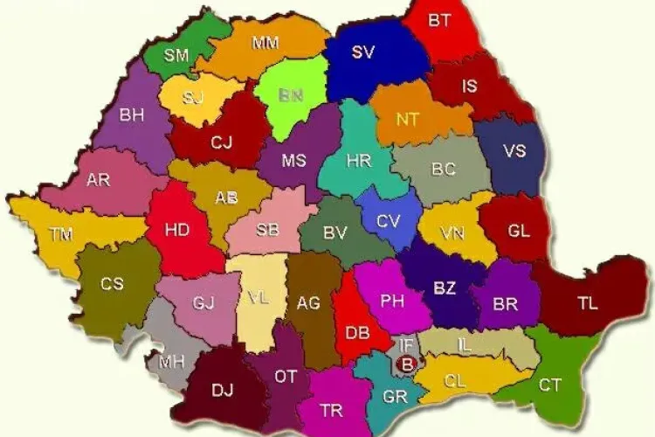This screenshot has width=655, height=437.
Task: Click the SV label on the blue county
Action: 363,52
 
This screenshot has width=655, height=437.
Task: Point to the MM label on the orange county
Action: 265,43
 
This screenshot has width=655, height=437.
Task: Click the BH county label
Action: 132,114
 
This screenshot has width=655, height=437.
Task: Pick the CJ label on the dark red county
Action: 222,141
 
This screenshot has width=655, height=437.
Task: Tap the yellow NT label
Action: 407,120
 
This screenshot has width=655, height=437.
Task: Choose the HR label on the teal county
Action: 358,161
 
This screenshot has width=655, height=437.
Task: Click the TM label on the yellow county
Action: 61,234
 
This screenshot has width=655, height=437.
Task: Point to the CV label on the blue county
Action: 388,221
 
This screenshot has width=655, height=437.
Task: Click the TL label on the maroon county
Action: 588,304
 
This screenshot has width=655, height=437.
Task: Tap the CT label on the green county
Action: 549,385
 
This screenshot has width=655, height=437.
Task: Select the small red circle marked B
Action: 405,361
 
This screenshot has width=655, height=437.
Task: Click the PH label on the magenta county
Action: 392,301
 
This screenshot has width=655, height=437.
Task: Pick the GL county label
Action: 519,232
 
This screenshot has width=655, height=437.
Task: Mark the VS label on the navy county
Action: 514,150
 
